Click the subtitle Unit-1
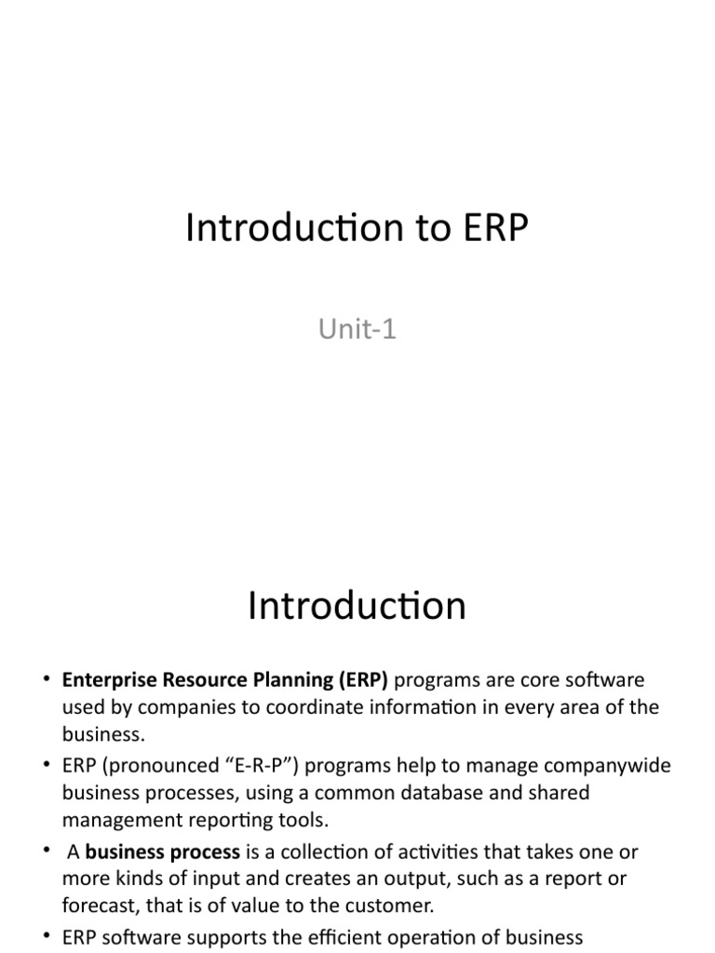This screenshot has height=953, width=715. (357, 329)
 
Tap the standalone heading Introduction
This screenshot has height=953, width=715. (357, 606)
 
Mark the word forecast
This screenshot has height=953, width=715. (97, 905)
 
